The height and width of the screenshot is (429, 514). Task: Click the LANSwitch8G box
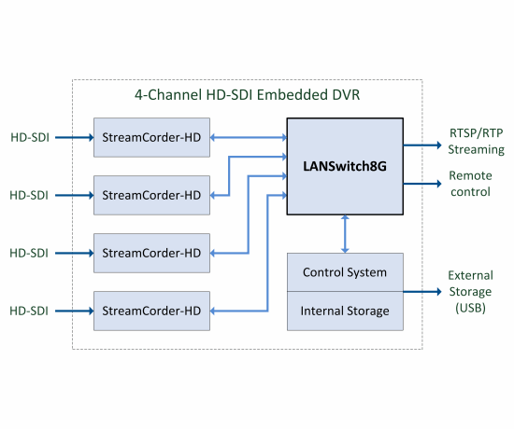(x=344, y=167)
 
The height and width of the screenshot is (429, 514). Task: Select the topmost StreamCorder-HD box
(x=151, y=137)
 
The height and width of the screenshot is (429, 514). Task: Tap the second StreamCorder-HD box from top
(x=151, y=195)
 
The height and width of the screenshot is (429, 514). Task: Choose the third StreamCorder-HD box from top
(x=151, y=253)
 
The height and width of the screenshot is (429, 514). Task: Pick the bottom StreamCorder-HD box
(x=151, y=310)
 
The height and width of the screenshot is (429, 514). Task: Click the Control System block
(x=345, y=272)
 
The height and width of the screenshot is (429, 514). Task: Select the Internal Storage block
(x=345, y=311)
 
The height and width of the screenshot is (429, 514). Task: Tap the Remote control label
(x=470, y=184)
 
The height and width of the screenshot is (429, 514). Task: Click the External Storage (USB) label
(x=470, y=291)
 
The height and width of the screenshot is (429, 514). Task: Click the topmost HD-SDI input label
(x=28, y=138)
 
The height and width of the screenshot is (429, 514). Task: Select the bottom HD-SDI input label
(x=28, y=311)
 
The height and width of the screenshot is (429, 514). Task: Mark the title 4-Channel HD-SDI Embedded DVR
(x=248, y=96)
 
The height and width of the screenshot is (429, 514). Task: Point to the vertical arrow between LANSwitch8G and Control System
(x=346, y=234)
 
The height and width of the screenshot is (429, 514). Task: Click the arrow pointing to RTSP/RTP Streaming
(x=422, y=145)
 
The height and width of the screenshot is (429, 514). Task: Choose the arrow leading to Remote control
(x=422, y=184)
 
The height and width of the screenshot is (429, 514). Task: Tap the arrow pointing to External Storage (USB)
(x=422, y=291)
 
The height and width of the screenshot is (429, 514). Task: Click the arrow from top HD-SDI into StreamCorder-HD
(x=75, y=138)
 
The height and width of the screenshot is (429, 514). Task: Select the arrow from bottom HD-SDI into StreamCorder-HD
(x=75, y=311)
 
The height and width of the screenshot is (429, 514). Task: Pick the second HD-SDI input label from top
(x=28, y=196)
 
